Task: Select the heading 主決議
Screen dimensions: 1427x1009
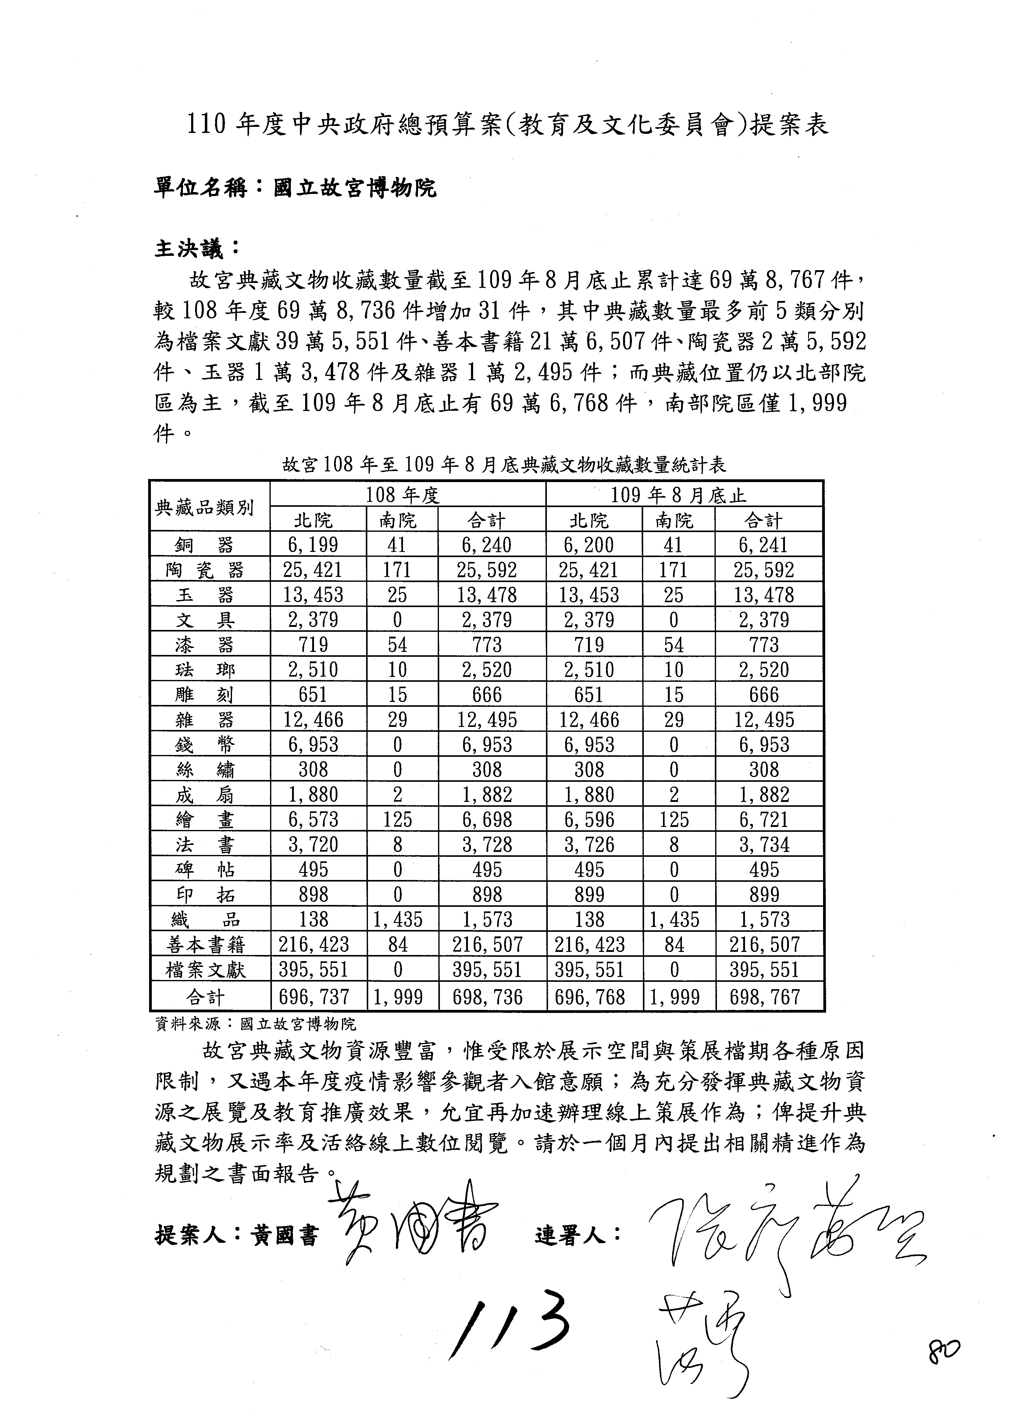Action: (x=196, y=249)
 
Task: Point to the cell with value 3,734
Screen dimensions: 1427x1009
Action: (x=764, y=845)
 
